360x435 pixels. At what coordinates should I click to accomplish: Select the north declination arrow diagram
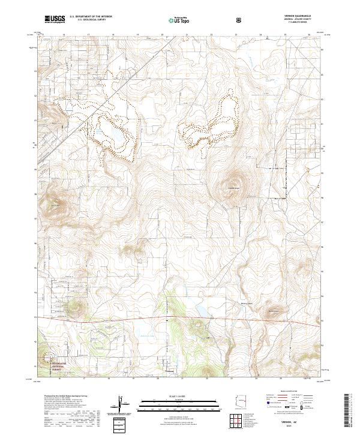click(123, 403)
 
